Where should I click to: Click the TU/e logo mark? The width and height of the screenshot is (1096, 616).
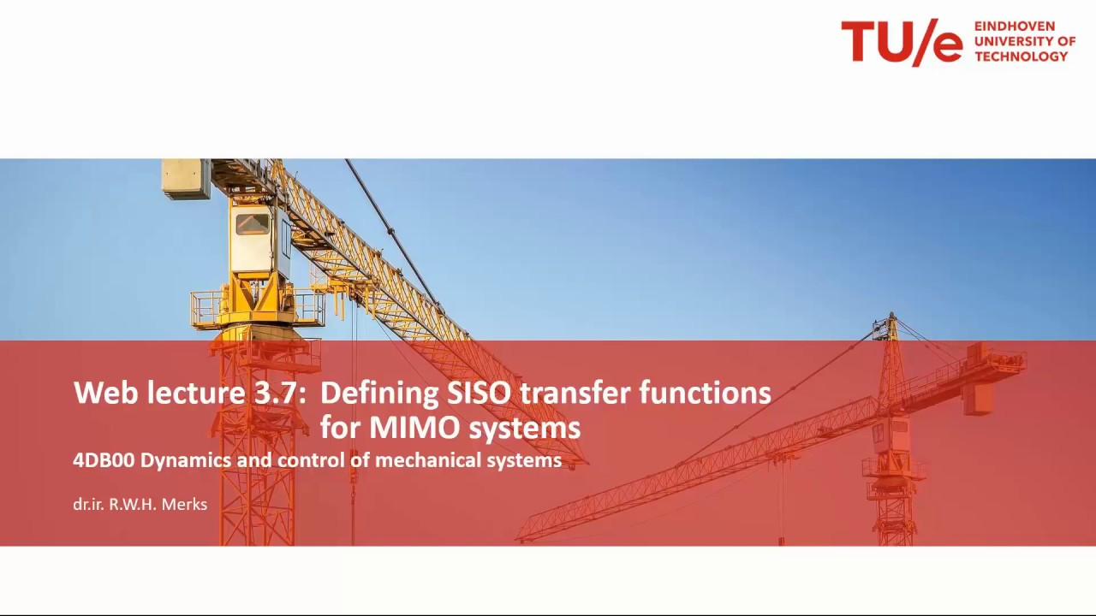902,42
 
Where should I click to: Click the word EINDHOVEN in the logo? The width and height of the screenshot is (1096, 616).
1015,27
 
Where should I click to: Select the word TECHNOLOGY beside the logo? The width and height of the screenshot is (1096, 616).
1022,56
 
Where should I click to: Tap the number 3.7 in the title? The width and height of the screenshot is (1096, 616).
277,393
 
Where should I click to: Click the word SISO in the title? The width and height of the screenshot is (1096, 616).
479,393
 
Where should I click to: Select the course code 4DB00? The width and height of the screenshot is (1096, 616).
104,460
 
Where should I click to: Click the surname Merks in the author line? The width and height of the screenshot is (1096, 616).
184,505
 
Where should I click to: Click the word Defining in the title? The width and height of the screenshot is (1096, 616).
378,394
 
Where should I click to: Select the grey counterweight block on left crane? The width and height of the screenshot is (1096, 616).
186,178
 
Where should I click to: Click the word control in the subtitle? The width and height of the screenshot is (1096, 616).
313,460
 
